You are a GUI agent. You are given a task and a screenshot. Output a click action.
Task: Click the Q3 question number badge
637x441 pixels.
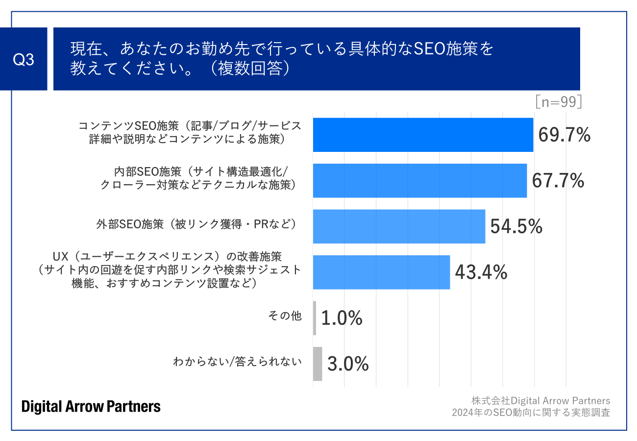click(24, 59)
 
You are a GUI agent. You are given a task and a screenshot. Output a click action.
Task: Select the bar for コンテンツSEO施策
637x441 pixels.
click(423, 135)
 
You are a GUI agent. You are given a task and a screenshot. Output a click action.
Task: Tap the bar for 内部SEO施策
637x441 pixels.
click(419, 180)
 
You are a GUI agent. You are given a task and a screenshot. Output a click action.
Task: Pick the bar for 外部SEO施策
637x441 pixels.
click(399, 226)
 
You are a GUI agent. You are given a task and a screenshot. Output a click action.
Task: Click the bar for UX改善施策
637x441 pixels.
click(381, 272)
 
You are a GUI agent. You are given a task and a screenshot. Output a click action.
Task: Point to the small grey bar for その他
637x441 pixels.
click(315, 318)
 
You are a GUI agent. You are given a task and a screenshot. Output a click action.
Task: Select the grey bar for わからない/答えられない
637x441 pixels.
click(318, 364)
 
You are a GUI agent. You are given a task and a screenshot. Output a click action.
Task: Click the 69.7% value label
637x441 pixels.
click(564, 135)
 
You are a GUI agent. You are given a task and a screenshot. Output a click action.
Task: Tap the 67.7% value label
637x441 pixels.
click(558, 180)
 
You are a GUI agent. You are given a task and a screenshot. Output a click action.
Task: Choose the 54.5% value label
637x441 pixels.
click(516, 226)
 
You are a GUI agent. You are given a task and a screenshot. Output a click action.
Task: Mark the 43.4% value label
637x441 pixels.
click(481, 272)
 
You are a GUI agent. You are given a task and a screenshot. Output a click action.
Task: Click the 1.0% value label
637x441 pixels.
click(342, 318)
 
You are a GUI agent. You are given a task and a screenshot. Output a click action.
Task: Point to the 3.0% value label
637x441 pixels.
click(347, 364)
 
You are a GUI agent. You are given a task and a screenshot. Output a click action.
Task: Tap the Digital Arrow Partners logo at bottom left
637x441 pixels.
click(91, 406)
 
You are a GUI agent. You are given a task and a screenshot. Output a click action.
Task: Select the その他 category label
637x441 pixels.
click(285, 317)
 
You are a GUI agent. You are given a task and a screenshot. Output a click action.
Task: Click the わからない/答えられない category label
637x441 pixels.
click(237, 362)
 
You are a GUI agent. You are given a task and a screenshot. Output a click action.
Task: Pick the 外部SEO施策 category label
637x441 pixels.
click(196, 224)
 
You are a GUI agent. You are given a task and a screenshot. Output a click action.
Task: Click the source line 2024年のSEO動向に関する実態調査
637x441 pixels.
click(531, 412)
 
